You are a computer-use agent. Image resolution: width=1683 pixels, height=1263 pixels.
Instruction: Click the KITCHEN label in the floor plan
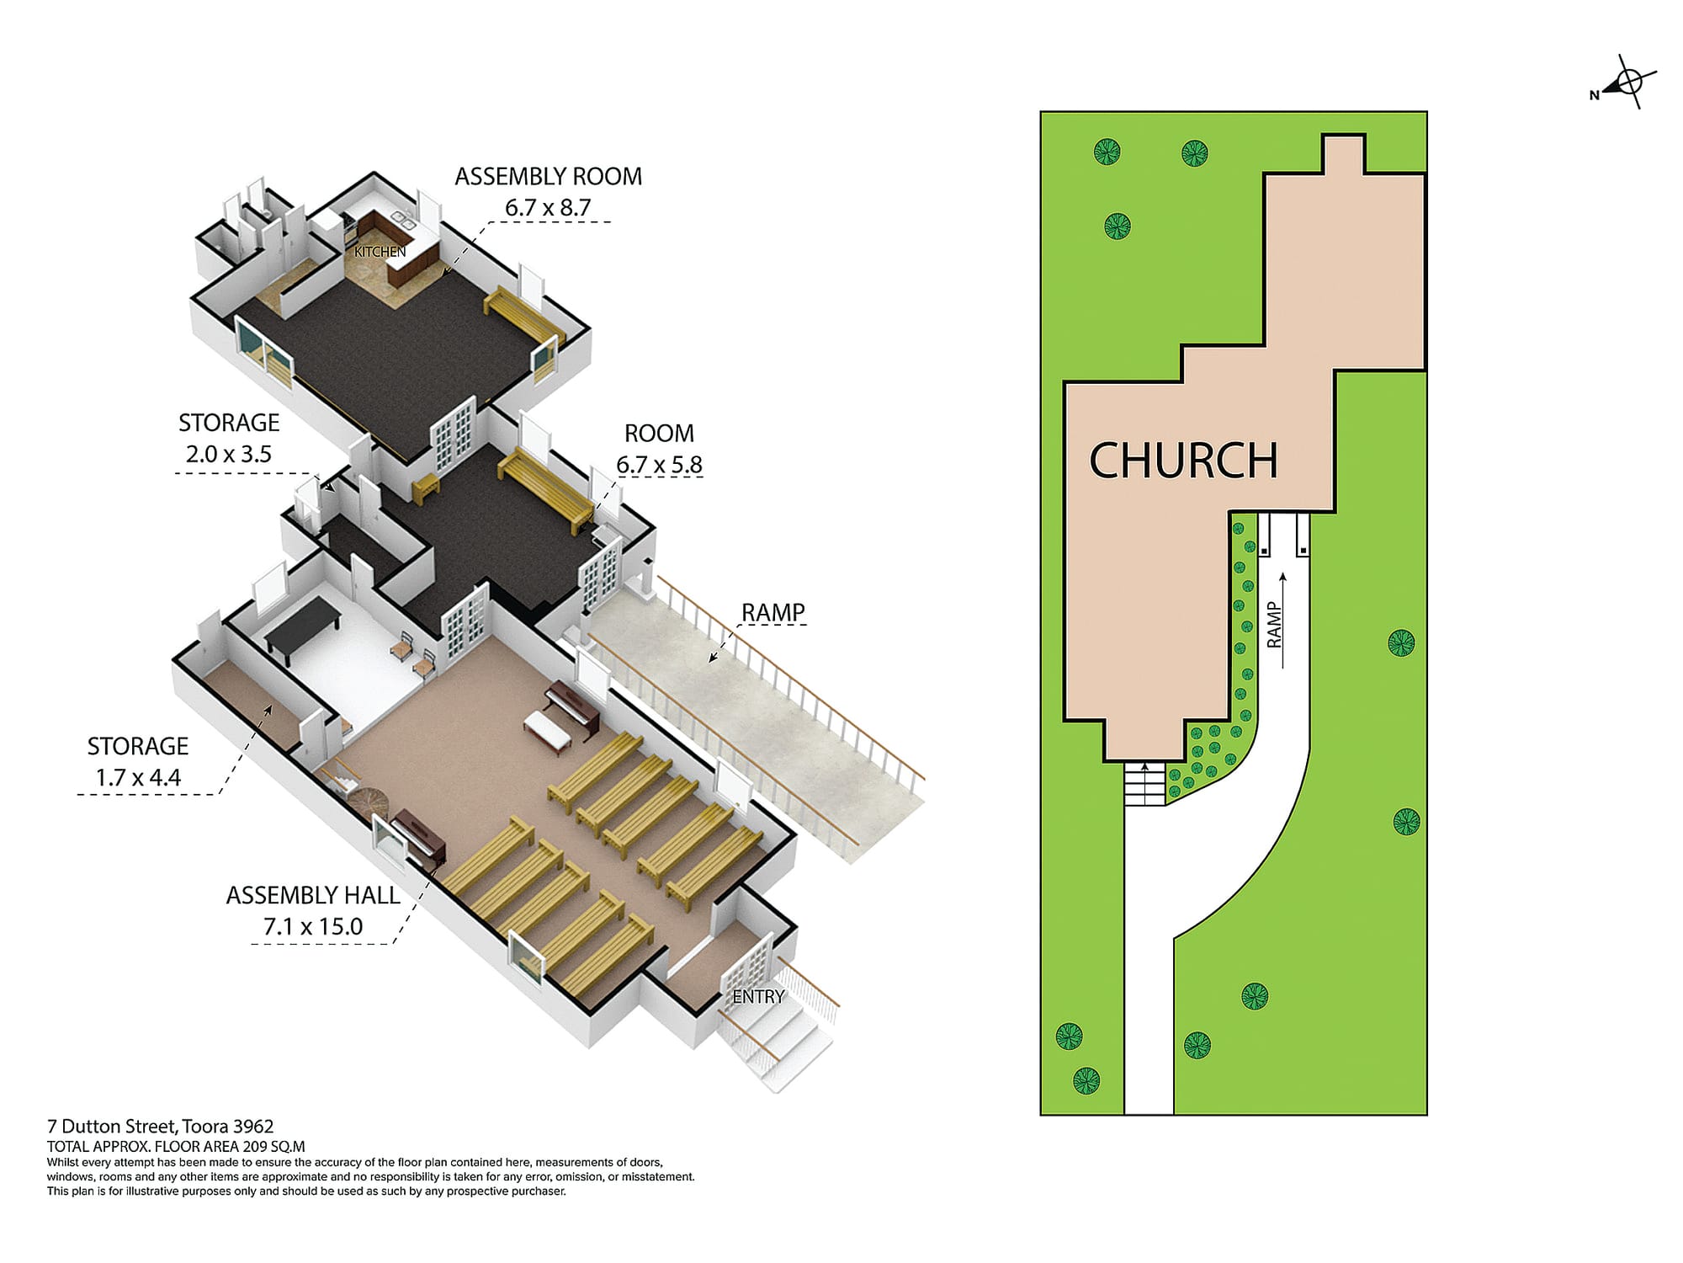click(x=380, y=252)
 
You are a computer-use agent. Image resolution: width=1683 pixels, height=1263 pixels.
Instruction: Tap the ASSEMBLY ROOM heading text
click(x=548, y=177)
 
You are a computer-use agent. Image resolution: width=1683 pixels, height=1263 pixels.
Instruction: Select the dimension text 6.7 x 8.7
click(x=548, y=207)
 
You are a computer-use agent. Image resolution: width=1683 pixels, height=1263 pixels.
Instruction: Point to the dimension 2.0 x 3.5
click(x=229, y=455)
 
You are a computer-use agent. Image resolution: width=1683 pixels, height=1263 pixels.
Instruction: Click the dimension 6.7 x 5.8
click(x=659, y=465)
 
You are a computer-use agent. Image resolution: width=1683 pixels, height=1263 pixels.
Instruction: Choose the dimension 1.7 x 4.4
click(x=138, y=778)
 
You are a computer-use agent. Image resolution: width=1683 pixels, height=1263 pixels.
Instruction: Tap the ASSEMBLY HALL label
click(x=313, y=895)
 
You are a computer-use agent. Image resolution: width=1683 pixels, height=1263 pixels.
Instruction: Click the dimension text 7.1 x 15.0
click(x=313, y=927)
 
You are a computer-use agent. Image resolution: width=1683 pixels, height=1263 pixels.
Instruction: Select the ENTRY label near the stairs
click(x=758, y=997)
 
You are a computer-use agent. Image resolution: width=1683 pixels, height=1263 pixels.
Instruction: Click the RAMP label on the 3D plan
click(x=772, y=612)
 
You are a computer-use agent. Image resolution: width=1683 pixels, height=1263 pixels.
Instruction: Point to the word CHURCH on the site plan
click(x=1183, y=461)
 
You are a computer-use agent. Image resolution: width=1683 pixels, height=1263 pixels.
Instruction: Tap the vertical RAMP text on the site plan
click(x=1274, y=625)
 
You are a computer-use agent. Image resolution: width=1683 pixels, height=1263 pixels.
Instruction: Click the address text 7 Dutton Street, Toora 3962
click(x=160, y=1127)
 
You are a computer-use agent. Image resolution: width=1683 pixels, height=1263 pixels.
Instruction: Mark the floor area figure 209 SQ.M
click(x=273, y=1147)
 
